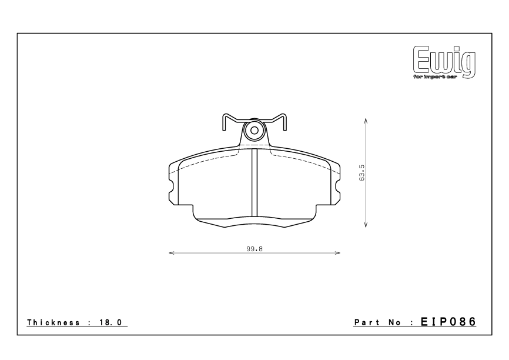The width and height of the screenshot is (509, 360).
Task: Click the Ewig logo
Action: [x=444, y=61]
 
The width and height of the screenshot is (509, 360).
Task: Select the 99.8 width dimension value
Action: [x=254, y=249]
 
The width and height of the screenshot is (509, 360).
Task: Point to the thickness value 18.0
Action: [x=115, y=323]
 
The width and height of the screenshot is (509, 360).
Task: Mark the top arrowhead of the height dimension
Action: [x=366, y=120]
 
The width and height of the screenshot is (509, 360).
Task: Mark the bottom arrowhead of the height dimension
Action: [x=366, y=225]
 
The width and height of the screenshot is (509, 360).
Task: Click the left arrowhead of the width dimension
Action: [x=172, y=254]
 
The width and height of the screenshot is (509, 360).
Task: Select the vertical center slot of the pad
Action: [x=254, y=184]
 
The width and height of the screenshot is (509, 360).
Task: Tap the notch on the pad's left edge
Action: [x=171, y=189]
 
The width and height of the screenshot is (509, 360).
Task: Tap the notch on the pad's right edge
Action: [x=338, y=189]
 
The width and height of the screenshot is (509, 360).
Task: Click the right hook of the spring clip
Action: [x=283, y=122]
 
